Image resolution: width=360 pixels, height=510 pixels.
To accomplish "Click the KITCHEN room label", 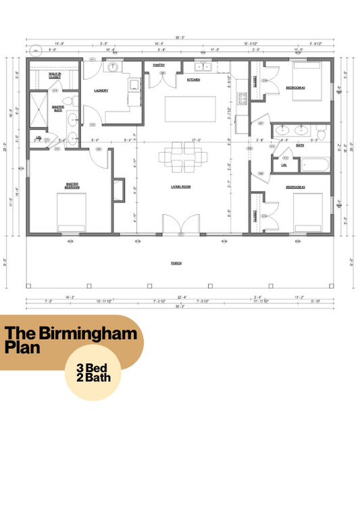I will pyautogui.click(x=193, y=80).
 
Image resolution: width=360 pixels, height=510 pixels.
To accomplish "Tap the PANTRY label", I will pyautogui.click(x=159, y=66).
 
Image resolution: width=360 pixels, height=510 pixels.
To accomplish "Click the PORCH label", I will pyautogui.click(x=176, y=263).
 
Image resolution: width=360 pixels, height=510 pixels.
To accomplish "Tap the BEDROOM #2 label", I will pyautogui.click(x=295, y=88).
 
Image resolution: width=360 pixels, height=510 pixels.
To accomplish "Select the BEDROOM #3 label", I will pyautogui.click(x=295, y=186).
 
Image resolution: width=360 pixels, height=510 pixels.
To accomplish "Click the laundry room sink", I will pyautogui.click(x=113, y=67).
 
